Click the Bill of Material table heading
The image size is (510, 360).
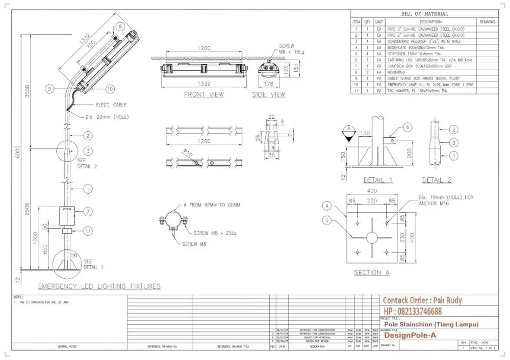[x=424, y=14]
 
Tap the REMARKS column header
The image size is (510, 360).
[x=487, y=22]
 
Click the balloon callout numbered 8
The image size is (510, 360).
[x=120, y=26]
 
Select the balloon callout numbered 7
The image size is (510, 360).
[x=88, y=211]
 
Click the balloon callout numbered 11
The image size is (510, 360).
[x=88, y=231]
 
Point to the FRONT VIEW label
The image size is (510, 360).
[x=203, y=95]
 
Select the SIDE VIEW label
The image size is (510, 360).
[x=269, y=95]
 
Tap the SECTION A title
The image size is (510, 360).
[x=372, y=273]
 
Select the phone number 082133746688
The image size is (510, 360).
[x=413, y=312]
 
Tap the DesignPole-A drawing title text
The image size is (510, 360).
[x=410, y=336]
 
